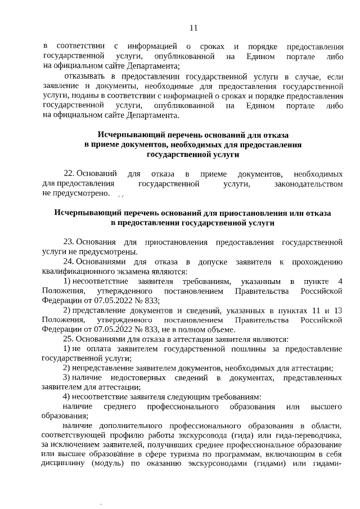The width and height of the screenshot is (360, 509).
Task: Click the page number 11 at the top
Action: [x=193, y=28]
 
